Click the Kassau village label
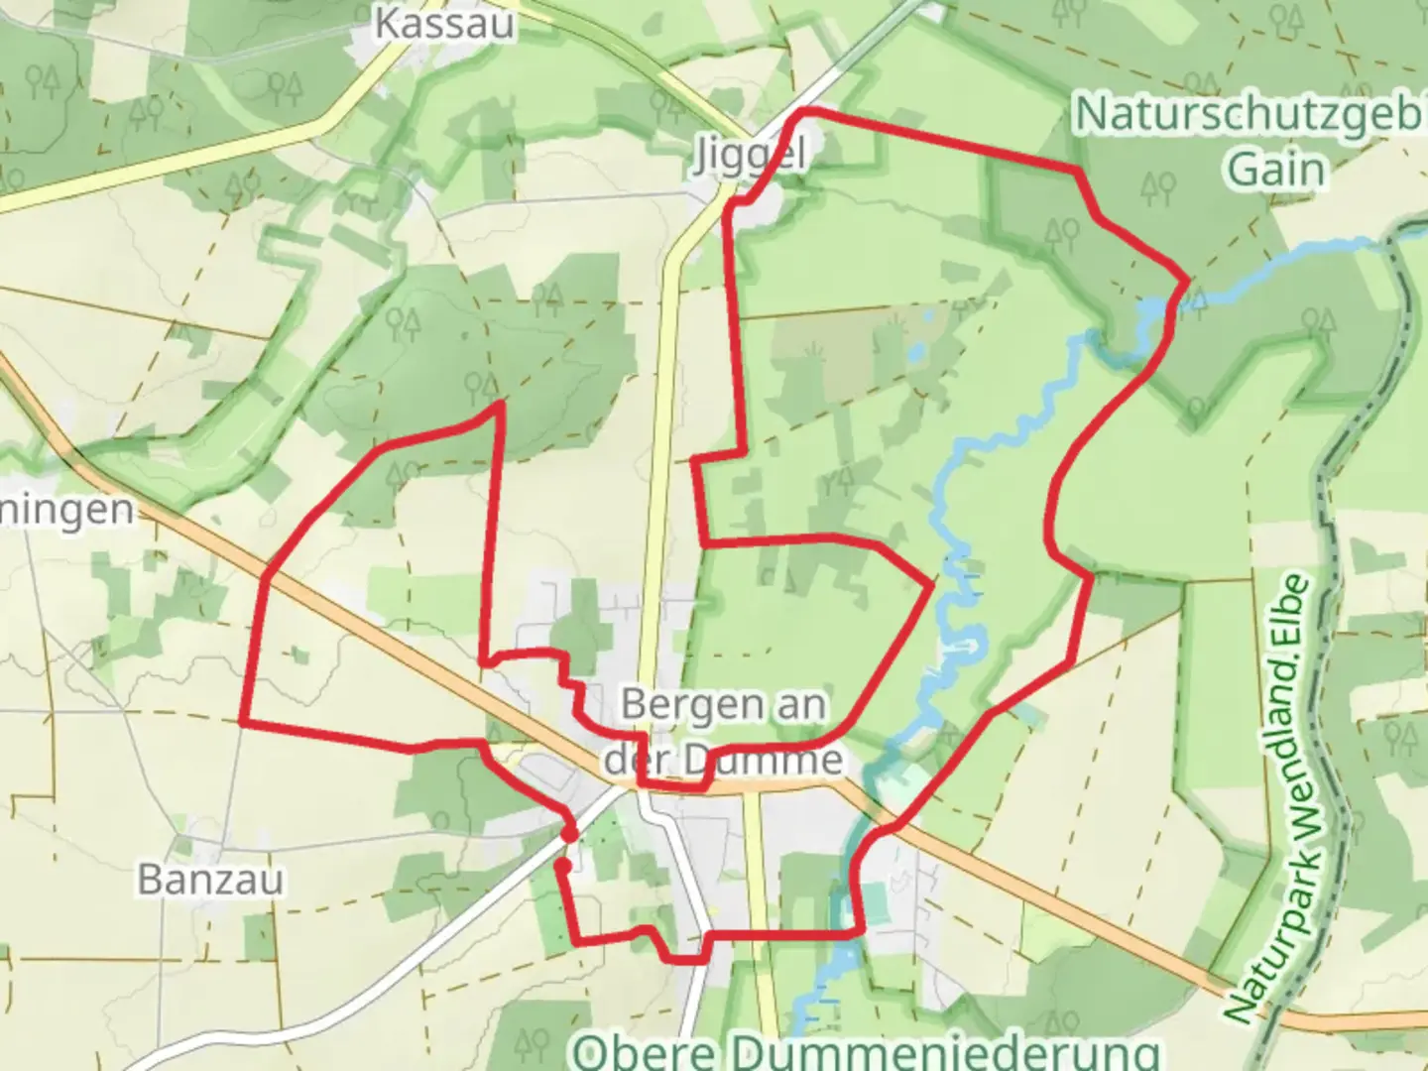pos(444,23)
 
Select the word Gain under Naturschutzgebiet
pos(1276,170)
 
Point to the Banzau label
pos(210,880)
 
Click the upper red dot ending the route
pos(569,835)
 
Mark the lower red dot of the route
pos(562,866)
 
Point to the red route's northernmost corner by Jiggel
pos(803,111)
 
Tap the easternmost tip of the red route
pos(1187,282)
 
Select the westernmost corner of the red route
pos(242,721)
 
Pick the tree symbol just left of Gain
pos(1157,185)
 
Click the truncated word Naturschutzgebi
pos(1249,115)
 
